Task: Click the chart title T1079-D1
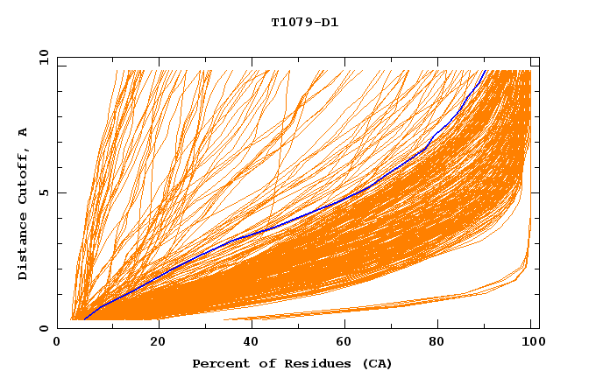(305, 22)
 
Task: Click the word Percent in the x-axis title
(219, 363)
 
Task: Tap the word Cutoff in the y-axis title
(23, 174)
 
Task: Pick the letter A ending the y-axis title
(23, 131)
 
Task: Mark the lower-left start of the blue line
(84, 319)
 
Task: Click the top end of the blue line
(485, 70)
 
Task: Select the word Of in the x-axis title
(259, 363)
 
